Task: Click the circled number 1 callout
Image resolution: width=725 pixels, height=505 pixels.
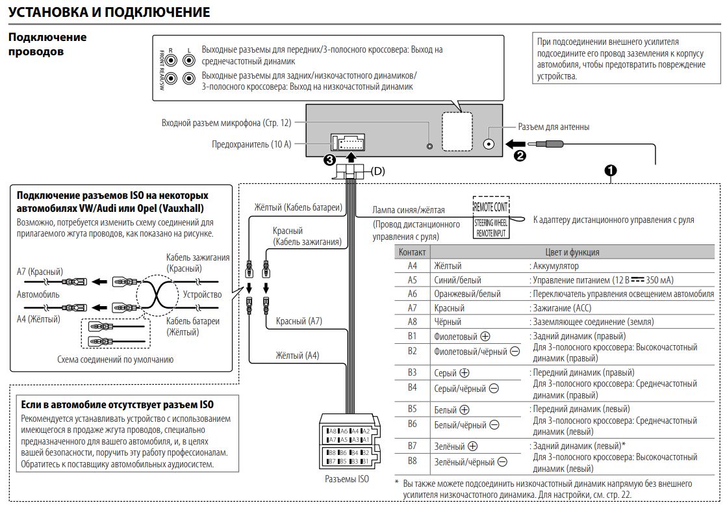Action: click(x=611, y=171)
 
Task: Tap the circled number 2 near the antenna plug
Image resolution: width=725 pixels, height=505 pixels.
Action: click(x=520, y=156)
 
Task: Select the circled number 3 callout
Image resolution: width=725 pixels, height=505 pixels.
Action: click(x=329, y=160)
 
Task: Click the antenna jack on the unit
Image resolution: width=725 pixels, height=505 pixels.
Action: click(x=489, y=144)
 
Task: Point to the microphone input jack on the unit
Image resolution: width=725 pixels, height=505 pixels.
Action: click(x=429, y=146)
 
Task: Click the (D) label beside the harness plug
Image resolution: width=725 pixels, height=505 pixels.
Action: click(x=377, y=171)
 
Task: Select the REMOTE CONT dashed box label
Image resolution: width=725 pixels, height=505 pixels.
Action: click(x=490, y=207)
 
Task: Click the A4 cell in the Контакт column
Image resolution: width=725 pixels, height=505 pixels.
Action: click(x=413, y=266)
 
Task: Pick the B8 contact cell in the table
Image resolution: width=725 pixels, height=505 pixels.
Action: click(x=413, y=461)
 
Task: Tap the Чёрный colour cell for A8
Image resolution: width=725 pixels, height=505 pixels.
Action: click(x=448, y=322)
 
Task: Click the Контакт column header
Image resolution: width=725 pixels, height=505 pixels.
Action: click(x=413, y=252)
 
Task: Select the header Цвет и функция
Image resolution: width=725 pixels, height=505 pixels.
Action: click(x=572, y=252)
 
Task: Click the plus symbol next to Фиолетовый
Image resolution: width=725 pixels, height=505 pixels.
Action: click(x=485, y=336)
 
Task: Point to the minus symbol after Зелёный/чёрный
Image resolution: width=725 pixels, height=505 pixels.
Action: click(x=502, y=461)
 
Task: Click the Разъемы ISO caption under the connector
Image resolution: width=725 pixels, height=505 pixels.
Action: click(x=347, y=479)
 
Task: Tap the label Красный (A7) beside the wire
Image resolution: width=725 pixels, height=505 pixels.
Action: click(x=299, y=321)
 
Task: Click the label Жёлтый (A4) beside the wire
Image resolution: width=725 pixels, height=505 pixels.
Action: click(x=298, y=355)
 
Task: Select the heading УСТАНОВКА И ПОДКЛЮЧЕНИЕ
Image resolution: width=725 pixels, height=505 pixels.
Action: click(x=109, y=12)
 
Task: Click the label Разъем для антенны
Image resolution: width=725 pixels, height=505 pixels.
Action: click(x=553, y=127)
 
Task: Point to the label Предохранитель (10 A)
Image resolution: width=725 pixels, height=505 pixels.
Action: click(x=251, y=144)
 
